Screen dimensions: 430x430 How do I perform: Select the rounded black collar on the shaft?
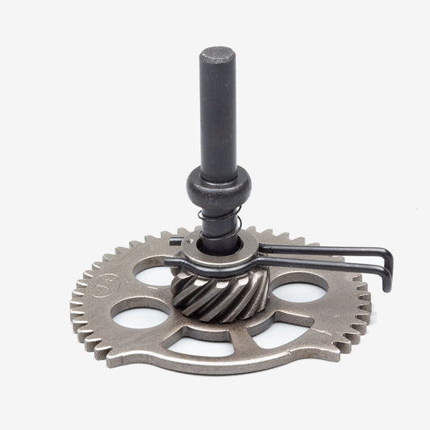click(219, 186)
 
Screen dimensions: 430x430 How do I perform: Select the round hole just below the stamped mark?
click(140, 317)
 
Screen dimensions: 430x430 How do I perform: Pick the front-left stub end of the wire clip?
click(169, 262)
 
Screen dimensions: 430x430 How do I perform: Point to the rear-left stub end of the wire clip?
click(176, 241)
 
